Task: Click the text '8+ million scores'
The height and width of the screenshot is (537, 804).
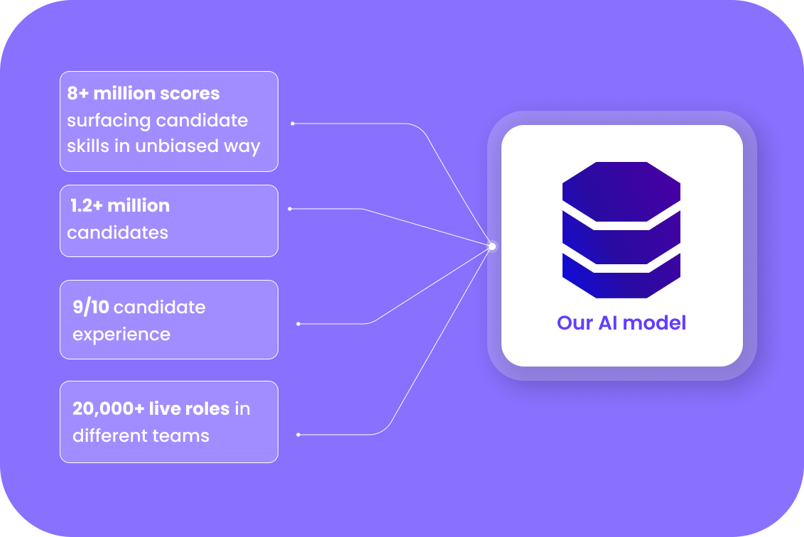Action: click(x=143, y=93)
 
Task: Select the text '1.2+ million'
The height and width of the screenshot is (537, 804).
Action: click(x=120, y=206)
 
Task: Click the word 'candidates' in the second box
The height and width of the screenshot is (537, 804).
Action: click(x=117, y=233)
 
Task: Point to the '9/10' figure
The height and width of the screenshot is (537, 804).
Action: click(x=91, y=307)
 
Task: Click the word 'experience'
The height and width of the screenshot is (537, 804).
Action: click(x=121, y=335)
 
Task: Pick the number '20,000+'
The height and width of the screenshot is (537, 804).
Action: click(x=109, y=408)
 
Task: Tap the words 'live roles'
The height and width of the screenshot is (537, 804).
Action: click(x=189, y=408)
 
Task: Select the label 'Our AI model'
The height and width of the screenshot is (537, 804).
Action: click(x=621, y=322)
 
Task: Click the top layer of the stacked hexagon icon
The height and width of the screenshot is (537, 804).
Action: click(x=621, y=192)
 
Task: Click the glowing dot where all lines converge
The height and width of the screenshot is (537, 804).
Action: click(x=492, y=246)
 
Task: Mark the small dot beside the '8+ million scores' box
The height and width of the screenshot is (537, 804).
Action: click(x=293, y=124)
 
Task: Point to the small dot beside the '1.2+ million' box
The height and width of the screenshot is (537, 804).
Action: click(x=290, y=209)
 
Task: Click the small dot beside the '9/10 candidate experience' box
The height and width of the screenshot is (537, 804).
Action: click(x=298, y=324)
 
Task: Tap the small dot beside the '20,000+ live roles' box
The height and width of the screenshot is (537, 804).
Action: click(x=298, y=435)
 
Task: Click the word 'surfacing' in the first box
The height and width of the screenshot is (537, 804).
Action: click(x=109, y=121)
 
